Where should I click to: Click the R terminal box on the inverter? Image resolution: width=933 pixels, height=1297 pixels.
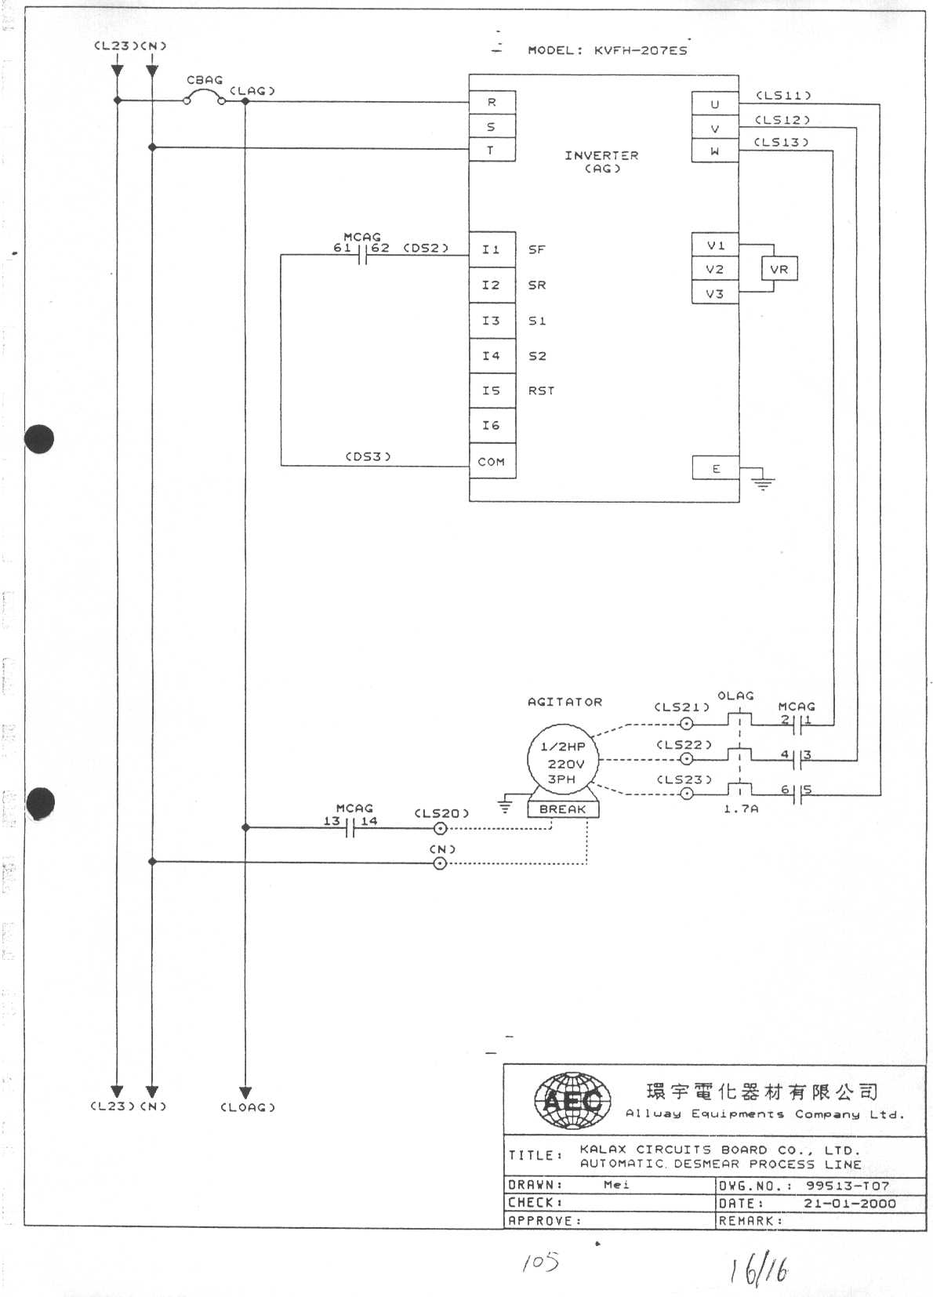coord(492,102)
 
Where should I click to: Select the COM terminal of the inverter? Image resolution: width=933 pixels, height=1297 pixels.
coord(492,462)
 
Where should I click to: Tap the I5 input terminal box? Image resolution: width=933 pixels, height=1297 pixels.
coord(492,391)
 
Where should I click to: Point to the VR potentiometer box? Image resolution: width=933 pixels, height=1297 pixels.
coord(779,269)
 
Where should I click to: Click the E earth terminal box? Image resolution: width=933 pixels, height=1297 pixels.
coord(715,468)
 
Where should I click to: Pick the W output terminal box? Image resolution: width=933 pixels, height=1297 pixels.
coord(714,151)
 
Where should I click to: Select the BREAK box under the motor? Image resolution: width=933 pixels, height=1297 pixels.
coord(562,809)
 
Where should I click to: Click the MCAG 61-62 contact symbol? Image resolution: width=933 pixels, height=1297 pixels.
coord(362,255)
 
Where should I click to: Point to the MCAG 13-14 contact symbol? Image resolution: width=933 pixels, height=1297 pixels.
coord(350,827)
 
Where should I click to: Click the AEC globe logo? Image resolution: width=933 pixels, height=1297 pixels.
coord(572,1101)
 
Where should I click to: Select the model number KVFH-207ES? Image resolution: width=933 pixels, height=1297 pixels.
coord(641,50)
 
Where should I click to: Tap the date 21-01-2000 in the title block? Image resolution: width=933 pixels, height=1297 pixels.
coord(849,1203)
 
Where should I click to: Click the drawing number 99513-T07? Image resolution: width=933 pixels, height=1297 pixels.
coord(847,1186)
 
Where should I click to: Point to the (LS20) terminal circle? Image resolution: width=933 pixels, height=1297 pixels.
coord(440,828)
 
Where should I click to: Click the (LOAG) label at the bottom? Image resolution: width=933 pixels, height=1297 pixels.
coord(248,1107)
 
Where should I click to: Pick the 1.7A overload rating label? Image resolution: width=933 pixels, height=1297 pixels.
coord(740,808)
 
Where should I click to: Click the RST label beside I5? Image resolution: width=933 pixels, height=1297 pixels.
coord(541,391)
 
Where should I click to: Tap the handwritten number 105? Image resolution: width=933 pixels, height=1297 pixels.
coord(540,1262)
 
